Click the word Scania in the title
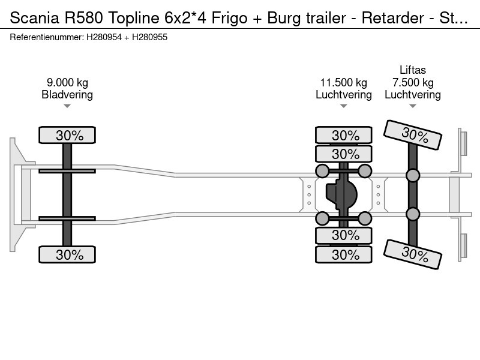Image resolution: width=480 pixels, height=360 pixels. click(35, 18)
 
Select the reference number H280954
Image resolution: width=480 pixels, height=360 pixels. click(104, 37)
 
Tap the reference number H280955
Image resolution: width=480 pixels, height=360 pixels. click(149, 37)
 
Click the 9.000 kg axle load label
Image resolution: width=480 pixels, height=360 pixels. click(67, 82)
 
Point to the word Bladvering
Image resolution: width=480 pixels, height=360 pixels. click(67, 95)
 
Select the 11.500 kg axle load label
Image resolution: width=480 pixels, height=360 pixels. click(343, 82)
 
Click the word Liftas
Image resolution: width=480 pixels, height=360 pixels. click(413, 70)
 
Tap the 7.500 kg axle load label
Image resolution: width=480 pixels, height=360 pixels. click(413, 82)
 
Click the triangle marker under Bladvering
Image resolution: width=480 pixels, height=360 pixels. click(67, 106)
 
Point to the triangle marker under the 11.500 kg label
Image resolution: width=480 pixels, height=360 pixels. click(343, 106)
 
